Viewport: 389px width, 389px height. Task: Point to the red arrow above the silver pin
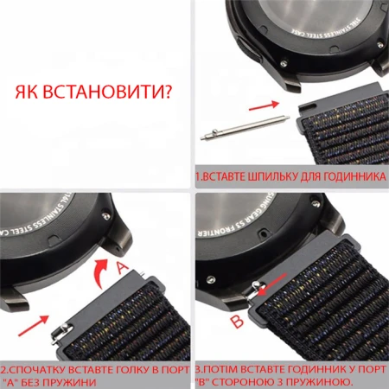[x=263, y=106]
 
